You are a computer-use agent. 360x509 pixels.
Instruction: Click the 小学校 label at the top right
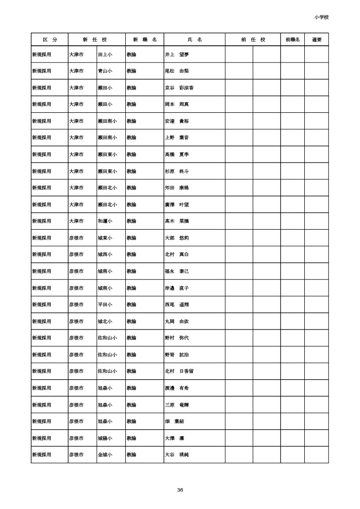[x=321, y=17]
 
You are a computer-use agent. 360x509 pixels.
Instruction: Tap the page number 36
[x=180, y=490]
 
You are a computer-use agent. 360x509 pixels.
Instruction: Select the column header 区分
[x=49, y=39]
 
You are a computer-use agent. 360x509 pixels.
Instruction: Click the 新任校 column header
[x=96, y=39]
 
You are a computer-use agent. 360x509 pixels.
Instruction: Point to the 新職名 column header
[x=144, y=39]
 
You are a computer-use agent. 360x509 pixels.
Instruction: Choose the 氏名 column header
[x=194, y=39]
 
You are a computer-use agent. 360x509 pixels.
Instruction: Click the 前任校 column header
[x=253, y=39]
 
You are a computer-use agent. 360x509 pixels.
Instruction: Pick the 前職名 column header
[x=292, y=39]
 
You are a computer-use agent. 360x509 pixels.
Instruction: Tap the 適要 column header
[x=317, y=39]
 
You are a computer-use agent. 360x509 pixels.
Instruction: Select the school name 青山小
[x=105, y=71]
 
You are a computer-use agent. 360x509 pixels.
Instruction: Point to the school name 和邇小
[x=105, y=221]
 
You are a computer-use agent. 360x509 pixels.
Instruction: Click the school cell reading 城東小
[x=105, y=238]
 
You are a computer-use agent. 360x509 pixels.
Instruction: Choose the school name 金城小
[x=105, y=455]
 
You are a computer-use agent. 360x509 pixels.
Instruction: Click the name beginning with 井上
[x=177, y=54]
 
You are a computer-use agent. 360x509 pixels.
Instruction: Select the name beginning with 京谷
[x=179, y=87]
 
